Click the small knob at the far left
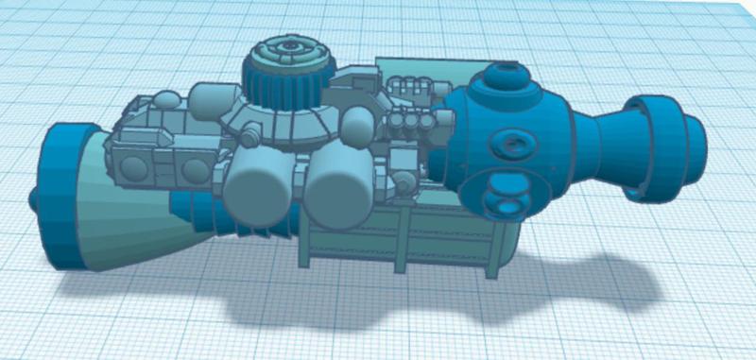[x=36, y=200]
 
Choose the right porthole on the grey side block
[x=194, y=168]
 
